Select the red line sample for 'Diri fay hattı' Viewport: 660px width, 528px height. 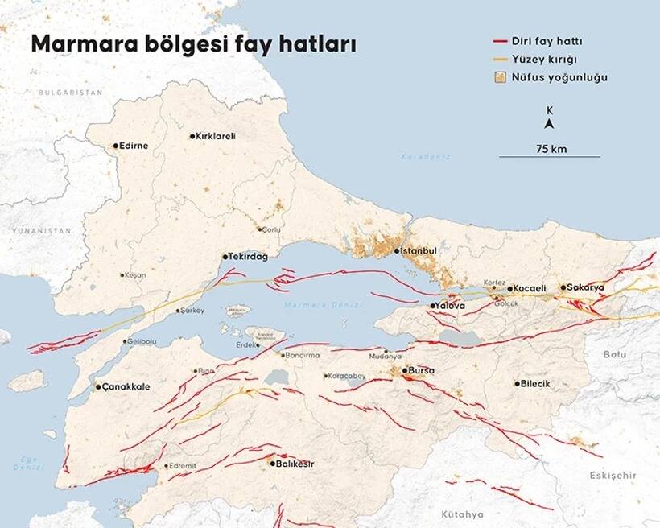501,41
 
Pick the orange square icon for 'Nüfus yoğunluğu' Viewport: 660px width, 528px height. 500,78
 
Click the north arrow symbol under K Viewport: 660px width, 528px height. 549,124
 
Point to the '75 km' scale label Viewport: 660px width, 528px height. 551,148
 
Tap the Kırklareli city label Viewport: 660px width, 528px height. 216,136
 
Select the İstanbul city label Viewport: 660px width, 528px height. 419,251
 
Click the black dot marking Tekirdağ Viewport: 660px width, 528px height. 225,257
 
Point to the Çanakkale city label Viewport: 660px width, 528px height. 126,386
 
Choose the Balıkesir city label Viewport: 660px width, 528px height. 295,464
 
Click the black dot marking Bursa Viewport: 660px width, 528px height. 405,371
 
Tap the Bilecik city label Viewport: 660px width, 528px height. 536,383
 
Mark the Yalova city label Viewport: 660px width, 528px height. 451,306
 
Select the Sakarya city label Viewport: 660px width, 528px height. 586,287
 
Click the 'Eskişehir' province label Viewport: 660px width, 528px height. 613,476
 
